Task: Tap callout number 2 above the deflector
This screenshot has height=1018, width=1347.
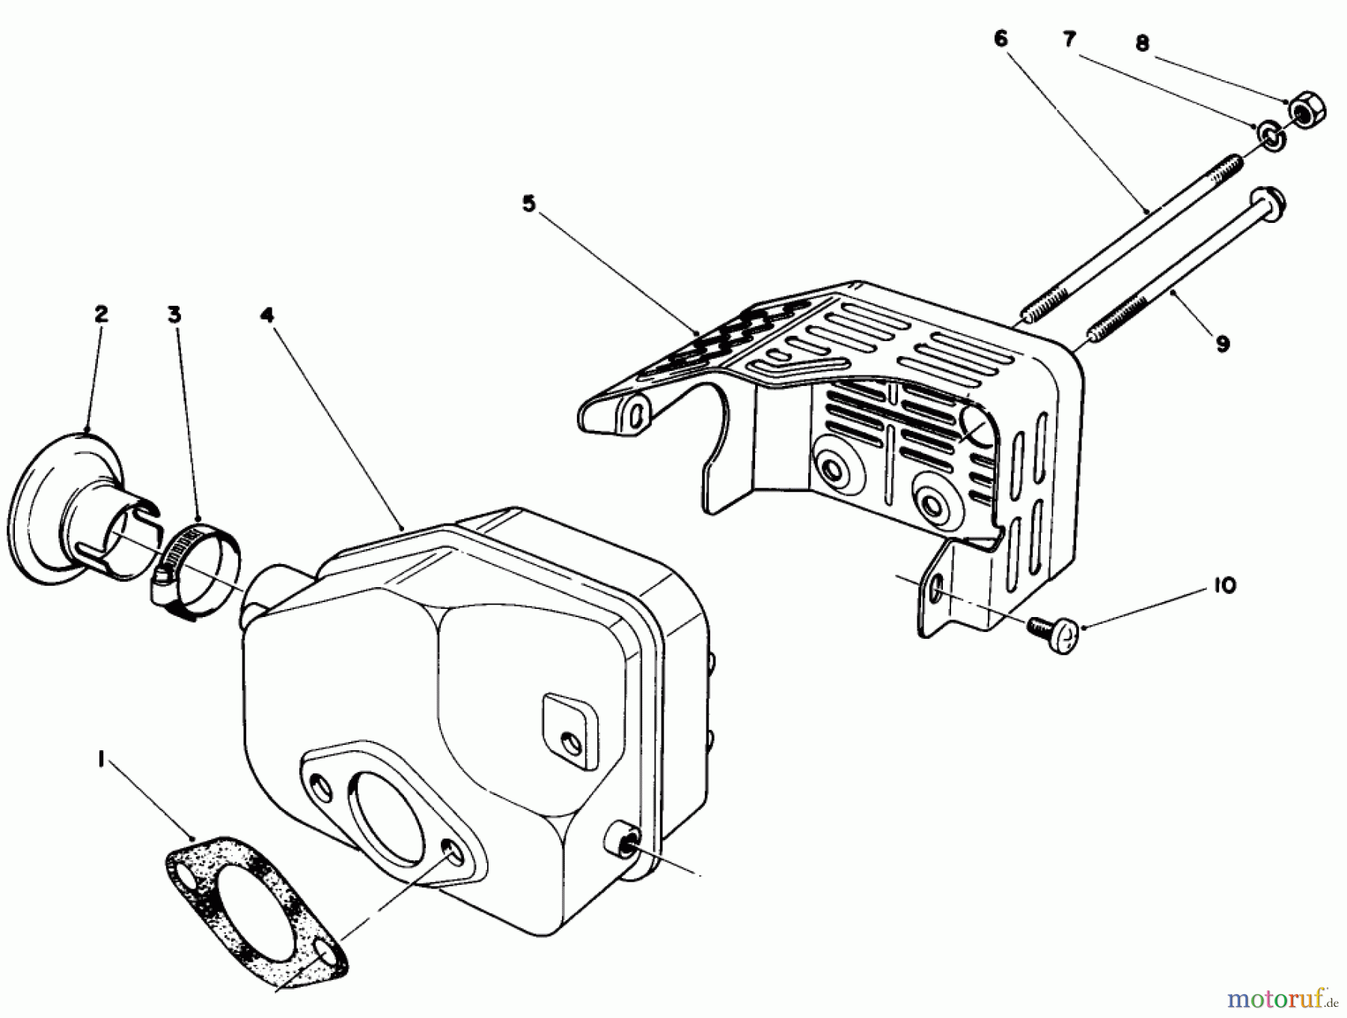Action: (100, 313)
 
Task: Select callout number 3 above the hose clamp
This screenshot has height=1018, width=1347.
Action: (174, 315)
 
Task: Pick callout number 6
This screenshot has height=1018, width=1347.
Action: (1001, 38)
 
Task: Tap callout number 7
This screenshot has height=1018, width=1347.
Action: (1070, 40)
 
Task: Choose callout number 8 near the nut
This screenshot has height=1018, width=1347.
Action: (1142, 43)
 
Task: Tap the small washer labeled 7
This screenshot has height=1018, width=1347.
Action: (1269, 136)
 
